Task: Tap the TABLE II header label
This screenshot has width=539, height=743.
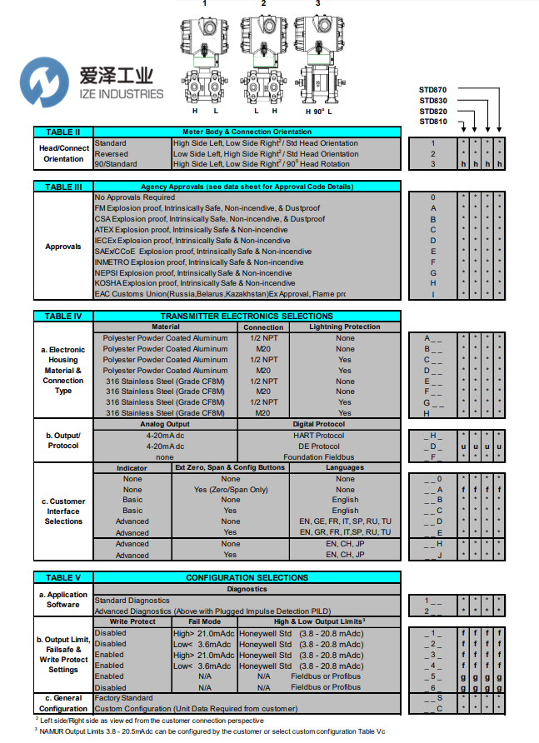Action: click(x=63, y=132)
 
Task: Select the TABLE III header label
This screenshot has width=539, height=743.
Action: click(x=63, y=187)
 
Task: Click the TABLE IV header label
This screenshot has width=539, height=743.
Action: click(x=63, y=317)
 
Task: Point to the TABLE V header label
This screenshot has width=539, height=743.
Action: click(x=63, y=577)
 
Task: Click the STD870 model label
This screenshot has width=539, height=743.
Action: click(x=433, y=89)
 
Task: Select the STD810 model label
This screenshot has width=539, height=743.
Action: click(x=433, y=122)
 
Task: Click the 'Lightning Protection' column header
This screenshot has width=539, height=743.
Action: click(x=345, y=327)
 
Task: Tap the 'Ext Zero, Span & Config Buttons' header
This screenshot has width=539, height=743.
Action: click(x=230, y=468)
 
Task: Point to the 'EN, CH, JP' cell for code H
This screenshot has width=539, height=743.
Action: click(x=345, y=544)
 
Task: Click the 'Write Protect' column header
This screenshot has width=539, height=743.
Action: click(x=132, y=621)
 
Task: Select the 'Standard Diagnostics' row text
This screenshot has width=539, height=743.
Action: click(x=132, y=600)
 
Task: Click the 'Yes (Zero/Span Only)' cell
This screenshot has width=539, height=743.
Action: click(x=230, y=490)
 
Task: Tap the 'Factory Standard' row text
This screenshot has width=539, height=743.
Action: click(x=123, y=698)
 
